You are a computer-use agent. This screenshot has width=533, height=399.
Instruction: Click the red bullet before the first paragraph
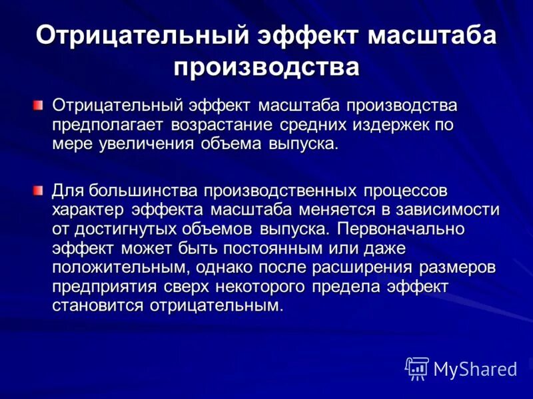[39, 105]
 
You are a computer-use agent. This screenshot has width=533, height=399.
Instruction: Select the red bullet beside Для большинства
[39, 191]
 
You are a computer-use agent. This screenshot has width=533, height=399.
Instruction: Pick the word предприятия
[105, 287]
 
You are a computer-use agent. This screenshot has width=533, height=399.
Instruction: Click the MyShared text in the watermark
[475, 368]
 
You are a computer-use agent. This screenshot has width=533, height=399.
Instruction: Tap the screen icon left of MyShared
[417, 368]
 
